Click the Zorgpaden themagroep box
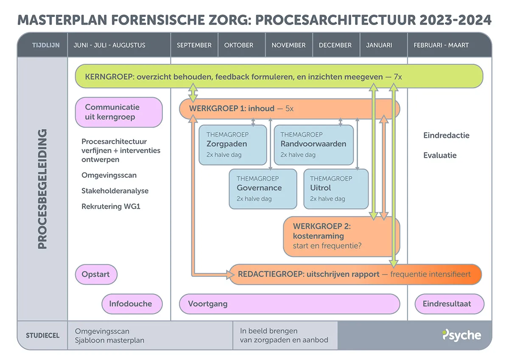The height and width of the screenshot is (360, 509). [x=233, y=145]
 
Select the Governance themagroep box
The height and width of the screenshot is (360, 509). [x=263, y=189]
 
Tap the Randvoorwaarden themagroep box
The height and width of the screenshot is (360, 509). [x=313, y=145]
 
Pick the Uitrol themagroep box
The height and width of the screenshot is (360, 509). [x=336, y=189]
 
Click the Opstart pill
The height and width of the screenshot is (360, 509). [x=96, y=274]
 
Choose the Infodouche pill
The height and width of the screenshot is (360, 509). [x=132, y=304]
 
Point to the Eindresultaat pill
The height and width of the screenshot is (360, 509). [x=449, y=304]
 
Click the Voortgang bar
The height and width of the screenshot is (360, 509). [x=289, y=304]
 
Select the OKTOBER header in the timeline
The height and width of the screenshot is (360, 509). [x=239, y=45]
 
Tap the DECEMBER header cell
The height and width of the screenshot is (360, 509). [x=335, y=45]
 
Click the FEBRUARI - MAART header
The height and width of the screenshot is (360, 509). [x=441, y=45]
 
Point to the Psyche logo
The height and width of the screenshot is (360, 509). [x=461, y=335]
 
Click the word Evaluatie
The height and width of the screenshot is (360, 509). [x=440, y=155]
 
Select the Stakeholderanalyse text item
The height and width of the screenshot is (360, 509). [x=115, y=191]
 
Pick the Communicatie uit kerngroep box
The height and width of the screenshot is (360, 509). [x=119, y=112]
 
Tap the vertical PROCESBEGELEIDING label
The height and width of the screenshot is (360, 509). [x=42, y=189]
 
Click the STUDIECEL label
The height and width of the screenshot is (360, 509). [x=42, y=335]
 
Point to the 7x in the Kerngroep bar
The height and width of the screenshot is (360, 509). [x=397, y=77]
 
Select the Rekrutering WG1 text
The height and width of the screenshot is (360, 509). [x=111, y=207]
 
